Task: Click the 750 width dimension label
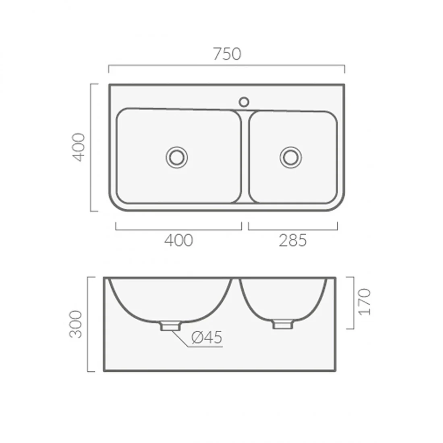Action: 227,54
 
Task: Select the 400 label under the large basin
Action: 178,240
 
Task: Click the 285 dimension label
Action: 293,240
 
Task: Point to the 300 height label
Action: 75,324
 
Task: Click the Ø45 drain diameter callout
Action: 207,337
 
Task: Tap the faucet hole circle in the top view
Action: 244,102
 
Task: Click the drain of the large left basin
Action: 177,157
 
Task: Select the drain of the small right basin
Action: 291,157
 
